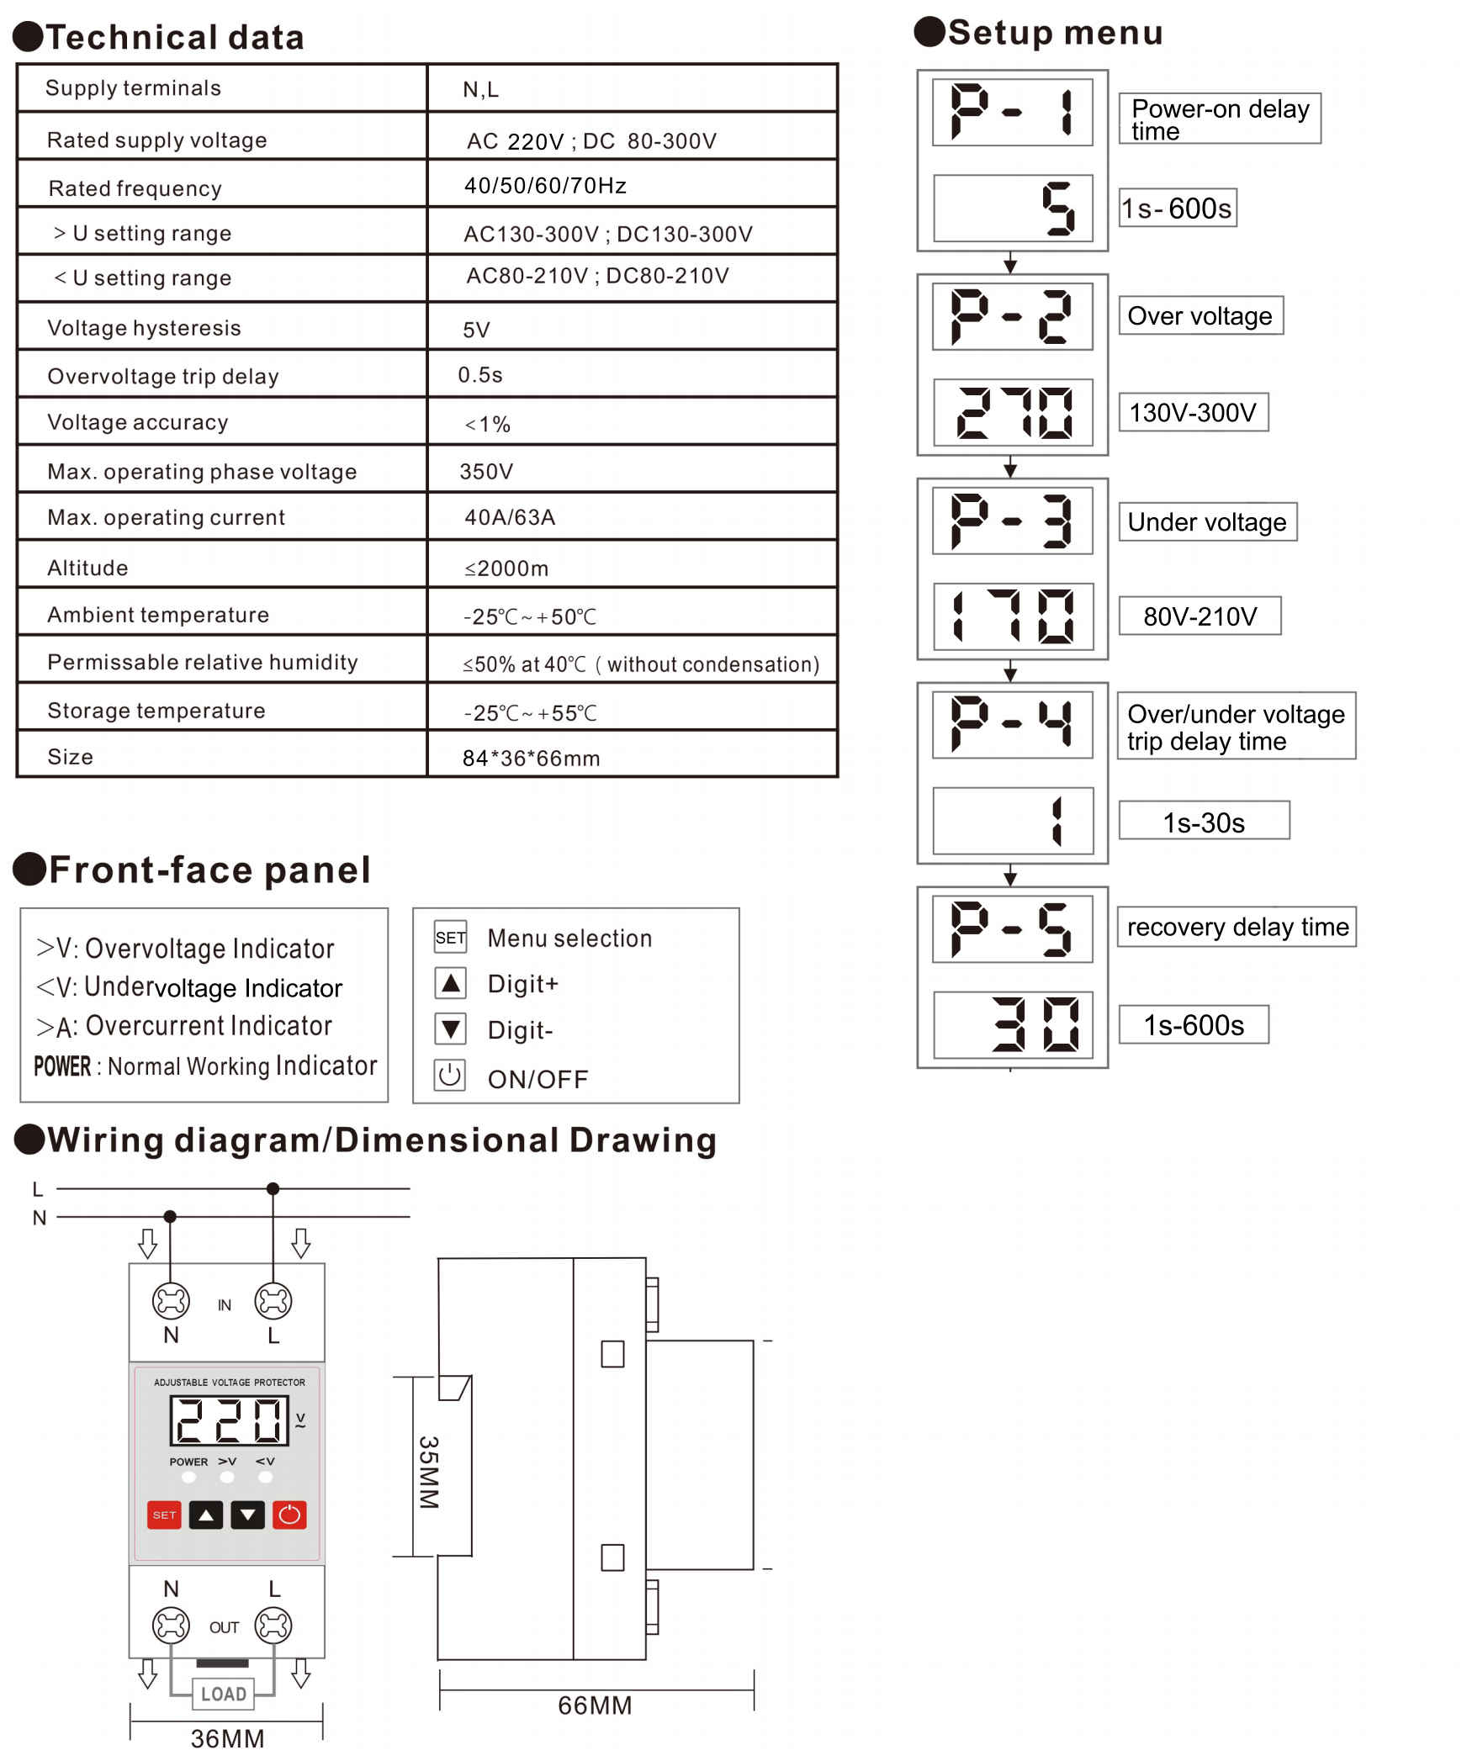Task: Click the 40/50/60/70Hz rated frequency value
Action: tap(545, 185)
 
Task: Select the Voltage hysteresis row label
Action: tap(144, 328)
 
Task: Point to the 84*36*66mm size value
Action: tap(531, 758)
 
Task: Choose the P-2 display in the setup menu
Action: tap(1013, 316)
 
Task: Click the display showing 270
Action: tap(1013, 412)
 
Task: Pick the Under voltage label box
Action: tap(1207, 522)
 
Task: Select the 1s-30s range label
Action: tap(1204, 821)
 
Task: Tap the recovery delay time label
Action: tap(1237, 927)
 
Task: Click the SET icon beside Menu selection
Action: tap(450, 937)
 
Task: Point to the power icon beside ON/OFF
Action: tap(450, 1075)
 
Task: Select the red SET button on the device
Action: tap(164, 1515)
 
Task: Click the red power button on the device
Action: tap(289, 1515)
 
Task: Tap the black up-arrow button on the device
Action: tap(206, 1515)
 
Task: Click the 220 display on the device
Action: tap(229, 1420)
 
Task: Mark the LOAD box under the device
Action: tap(224, 1693)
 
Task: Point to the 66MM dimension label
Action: tap(595, 1705)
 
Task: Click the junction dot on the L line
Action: tap(273, 1188)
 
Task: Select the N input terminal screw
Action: tap(171, 1301)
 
